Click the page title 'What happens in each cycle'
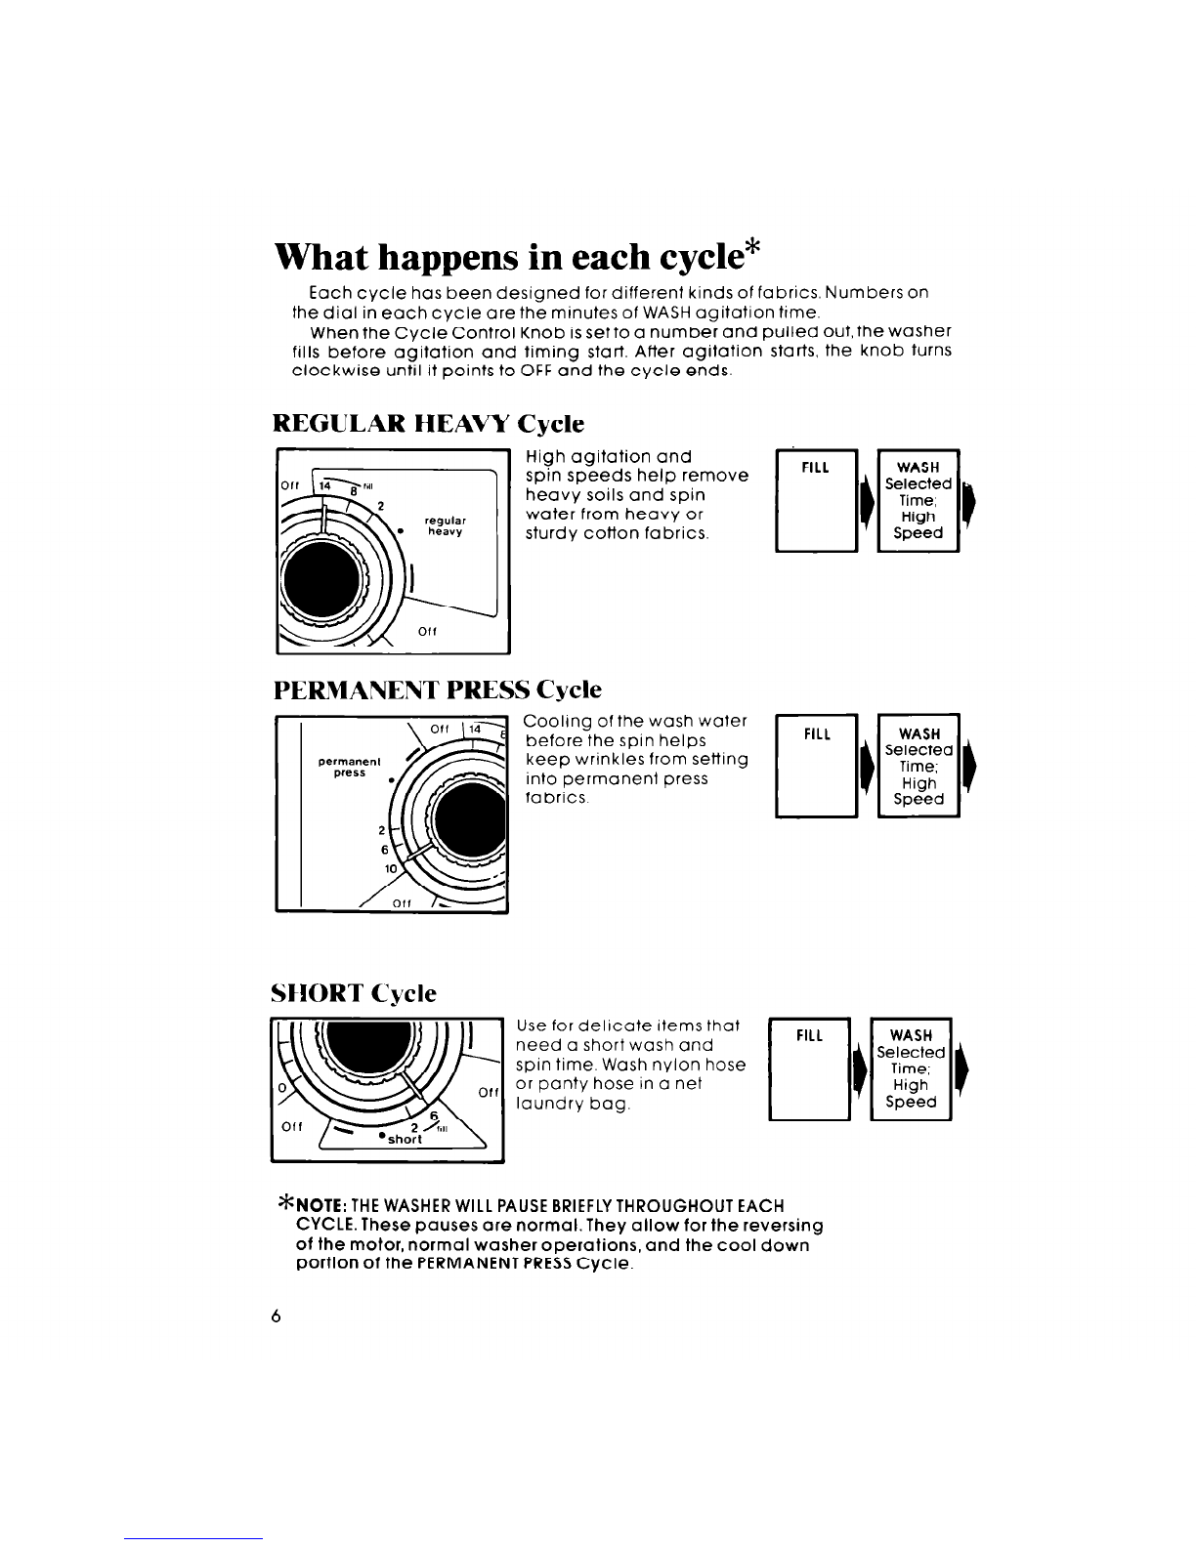pyautogui.click(x=509, y=259)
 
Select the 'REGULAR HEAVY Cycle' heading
pyautogui.click(x=428, y=424)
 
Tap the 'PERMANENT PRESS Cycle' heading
pyautogui.click(x=438, y=690)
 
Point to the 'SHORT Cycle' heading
pyautogui.click(x=354, y=994)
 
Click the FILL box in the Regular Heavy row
pyautogui.click(x=816, y=500)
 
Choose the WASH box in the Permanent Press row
pyautogui.click(x=918, y=766)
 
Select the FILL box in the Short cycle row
pyautogui.click(x=810, y=1069)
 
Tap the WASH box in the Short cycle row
pyautogui.click(x=911, y=1069)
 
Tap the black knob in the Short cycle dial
pyautogui.click(x=369, y=1046)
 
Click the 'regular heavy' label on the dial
pyautogui.click(x=446, y=526)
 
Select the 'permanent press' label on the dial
pyautogui.click(x=349, y=767)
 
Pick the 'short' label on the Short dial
pyautogui.click(x=405, y=1139)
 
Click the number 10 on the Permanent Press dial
pyautogui.click(x=390, y=868)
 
